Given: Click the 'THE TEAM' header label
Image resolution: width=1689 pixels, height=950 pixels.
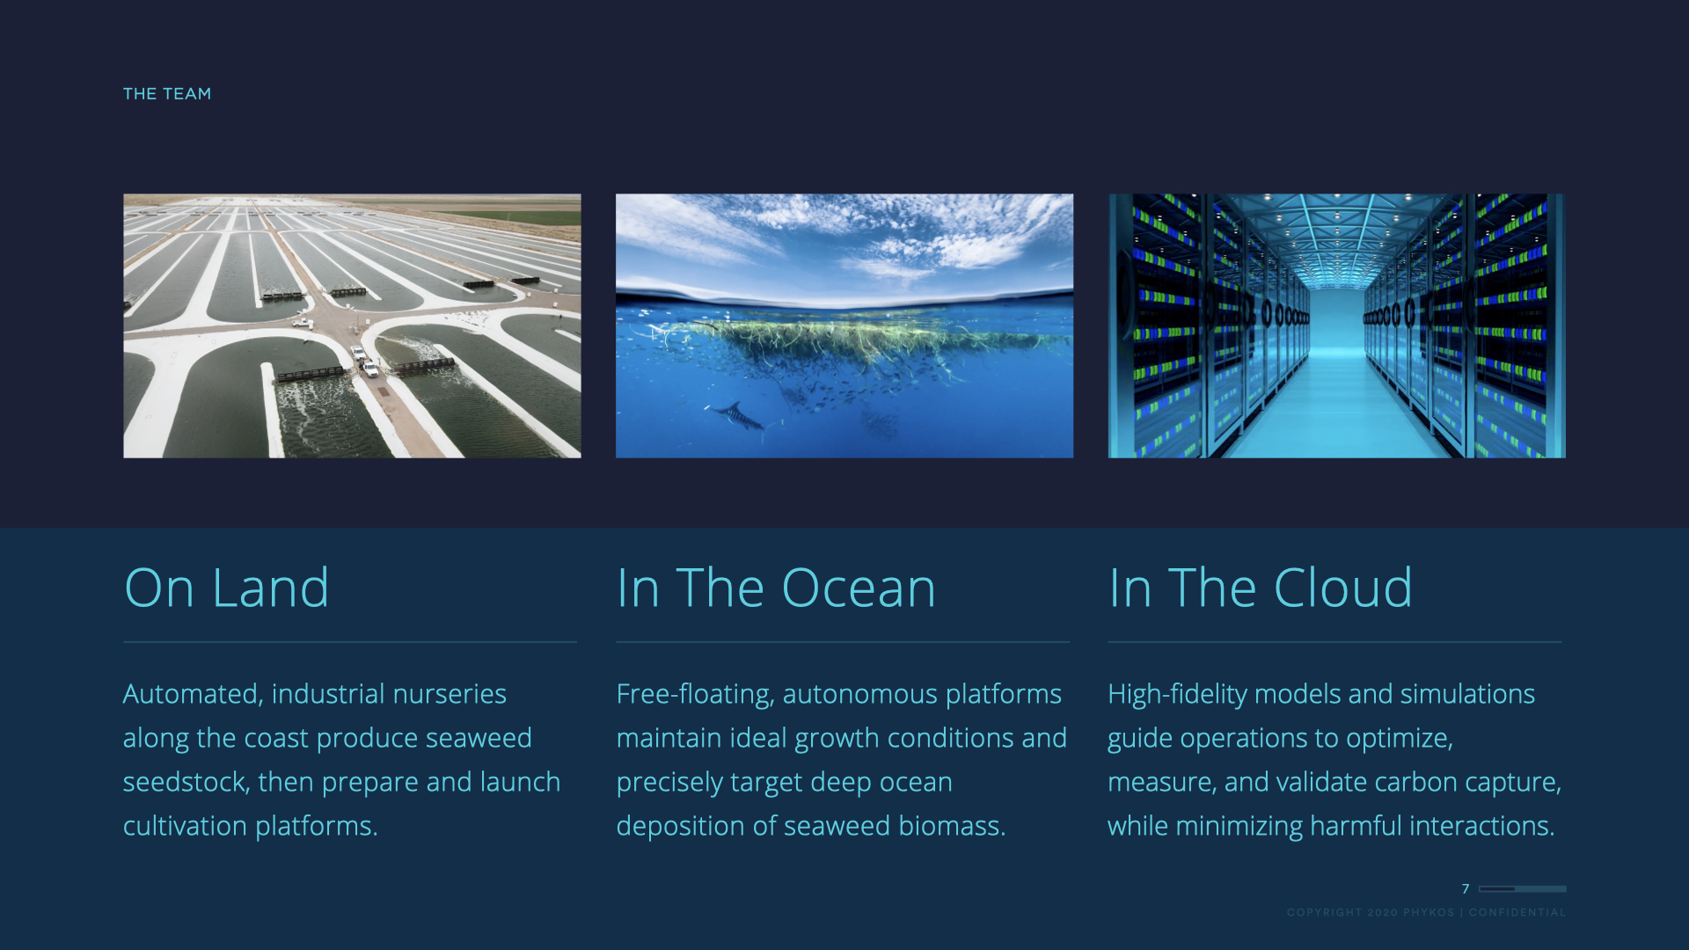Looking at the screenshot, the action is point(167,93).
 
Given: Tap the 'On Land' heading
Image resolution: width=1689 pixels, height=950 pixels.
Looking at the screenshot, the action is point(227,588).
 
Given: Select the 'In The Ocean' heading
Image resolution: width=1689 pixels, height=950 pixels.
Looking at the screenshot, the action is point(776,588).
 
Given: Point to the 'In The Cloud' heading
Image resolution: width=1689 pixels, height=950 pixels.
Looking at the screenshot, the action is point(1261,588).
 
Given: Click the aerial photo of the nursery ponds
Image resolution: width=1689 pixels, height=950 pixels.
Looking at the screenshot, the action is point(352,325).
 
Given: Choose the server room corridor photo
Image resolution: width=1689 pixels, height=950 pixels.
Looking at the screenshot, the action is point(1337,325).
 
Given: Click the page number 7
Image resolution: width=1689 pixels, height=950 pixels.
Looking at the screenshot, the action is point(1466,888).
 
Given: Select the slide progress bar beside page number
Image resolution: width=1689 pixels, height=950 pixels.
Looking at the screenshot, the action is point(1522,888).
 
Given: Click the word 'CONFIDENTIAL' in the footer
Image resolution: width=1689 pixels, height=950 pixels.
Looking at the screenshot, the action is point(1517,912).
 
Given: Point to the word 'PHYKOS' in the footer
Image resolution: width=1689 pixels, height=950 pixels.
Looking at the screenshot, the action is point(1429,912).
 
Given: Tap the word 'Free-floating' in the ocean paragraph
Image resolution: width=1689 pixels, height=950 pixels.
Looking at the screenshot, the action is point(695,695).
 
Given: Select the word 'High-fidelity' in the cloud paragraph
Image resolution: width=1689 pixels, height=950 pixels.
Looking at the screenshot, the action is point(1178,695).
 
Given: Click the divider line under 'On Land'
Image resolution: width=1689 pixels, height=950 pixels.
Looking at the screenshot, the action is point(350,642).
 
